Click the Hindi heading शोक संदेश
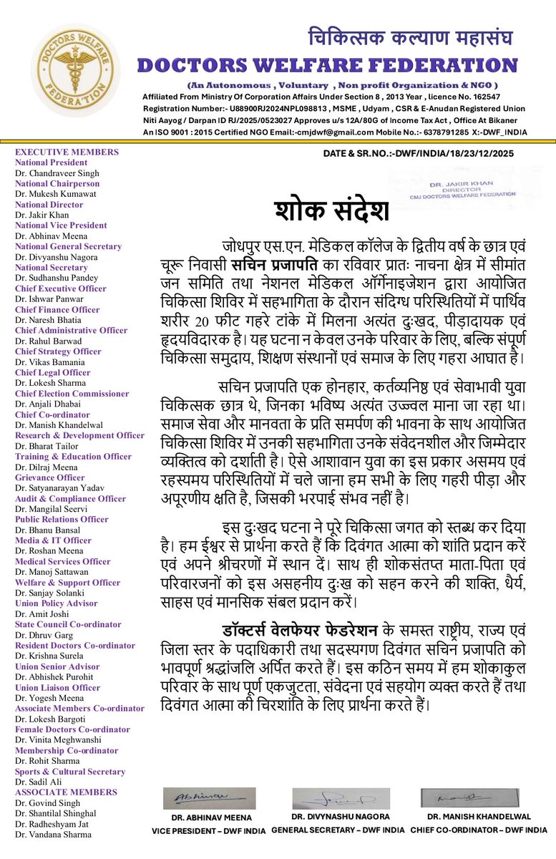(332, 211)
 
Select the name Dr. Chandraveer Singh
(57, 173)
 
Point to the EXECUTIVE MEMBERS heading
(67, 152)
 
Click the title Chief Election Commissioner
(72, 394)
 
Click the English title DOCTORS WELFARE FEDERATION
(327, 65)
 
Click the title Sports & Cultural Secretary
(71, 771)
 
